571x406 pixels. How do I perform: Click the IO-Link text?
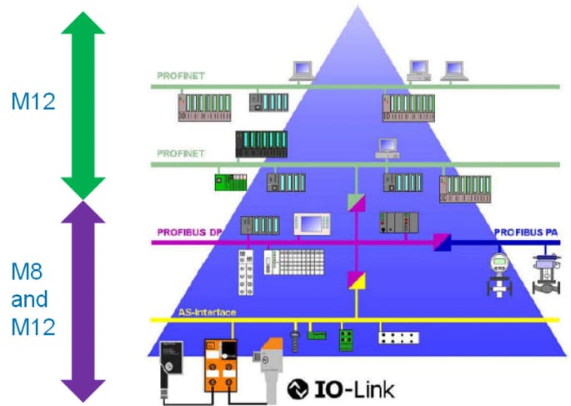point(353,388)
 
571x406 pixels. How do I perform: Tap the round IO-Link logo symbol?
point(298,388)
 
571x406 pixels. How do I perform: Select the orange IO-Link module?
point(223,368)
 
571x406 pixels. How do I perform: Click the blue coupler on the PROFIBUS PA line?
point(441,243)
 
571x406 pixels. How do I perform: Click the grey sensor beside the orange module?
point(268,364)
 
